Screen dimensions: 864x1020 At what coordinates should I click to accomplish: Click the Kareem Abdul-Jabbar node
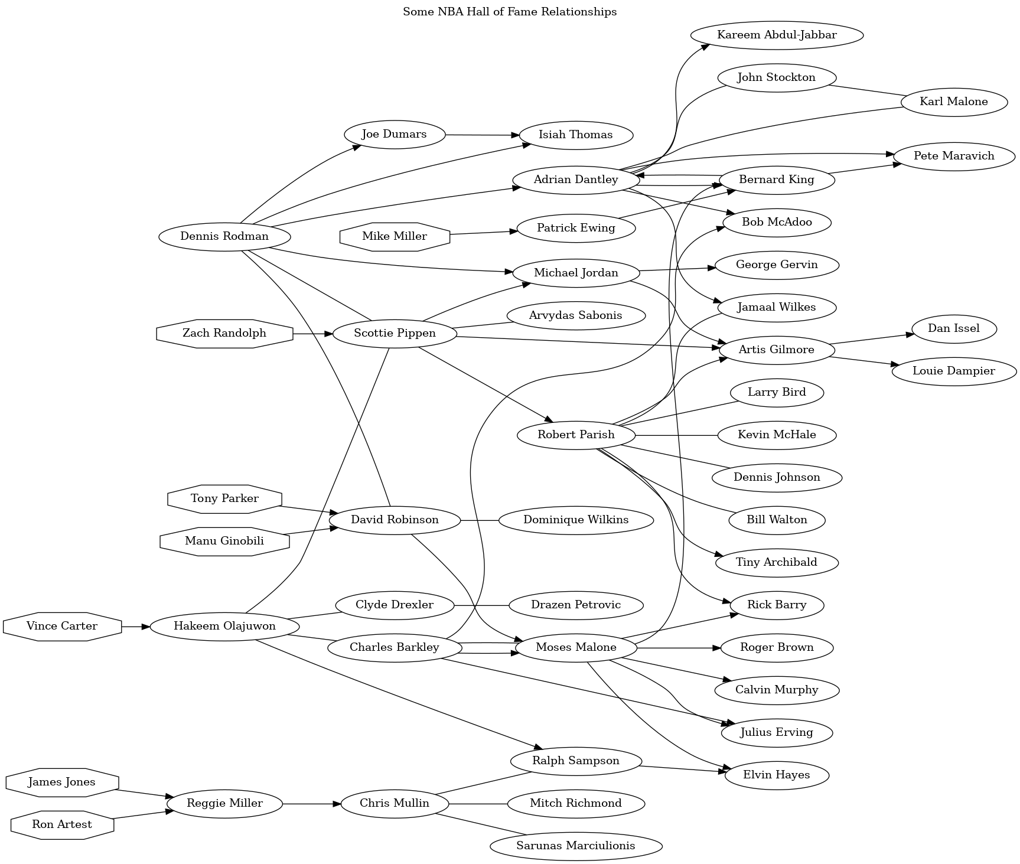point(776,35)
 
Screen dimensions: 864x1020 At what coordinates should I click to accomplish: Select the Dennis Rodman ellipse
point(224,237)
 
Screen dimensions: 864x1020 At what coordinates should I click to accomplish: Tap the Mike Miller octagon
point(395,237)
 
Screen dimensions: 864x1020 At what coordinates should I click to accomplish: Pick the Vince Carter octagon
point(62,627)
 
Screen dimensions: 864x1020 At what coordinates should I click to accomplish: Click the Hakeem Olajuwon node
point(224,627)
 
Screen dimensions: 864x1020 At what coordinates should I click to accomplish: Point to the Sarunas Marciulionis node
point(575,846)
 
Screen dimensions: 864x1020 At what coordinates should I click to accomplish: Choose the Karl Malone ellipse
point(953,102)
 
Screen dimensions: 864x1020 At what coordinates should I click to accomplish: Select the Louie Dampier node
point(953,371)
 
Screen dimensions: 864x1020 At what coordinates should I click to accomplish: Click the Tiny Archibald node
point(776,562)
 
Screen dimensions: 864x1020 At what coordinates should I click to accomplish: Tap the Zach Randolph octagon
point(224,334)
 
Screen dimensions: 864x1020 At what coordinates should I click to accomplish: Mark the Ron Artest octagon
point(62,824)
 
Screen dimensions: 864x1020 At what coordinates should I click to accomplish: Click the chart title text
point(510,12)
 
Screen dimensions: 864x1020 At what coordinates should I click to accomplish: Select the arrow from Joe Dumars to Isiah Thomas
point(482,135)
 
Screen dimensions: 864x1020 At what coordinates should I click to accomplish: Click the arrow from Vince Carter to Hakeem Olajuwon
point(136,627)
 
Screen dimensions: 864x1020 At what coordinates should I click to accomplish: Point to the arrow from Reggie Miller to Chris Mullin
point(312,804)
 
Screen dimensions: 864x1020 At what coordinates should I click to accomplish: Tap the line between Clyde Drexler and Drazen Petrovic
point(481,605)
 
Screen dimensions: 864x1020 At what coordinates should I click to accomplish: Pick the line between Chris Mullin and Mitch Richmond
point(478,804)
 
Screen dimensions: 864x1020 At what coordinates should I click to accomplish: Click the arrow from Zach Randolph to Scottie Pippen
point(313,334)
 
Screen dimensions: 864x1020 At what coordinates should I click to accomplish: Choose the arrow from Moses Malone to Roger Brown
point(679,648)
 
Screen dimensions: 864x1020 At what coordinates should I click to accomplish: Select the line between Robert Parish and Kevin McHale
point(676,435)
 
